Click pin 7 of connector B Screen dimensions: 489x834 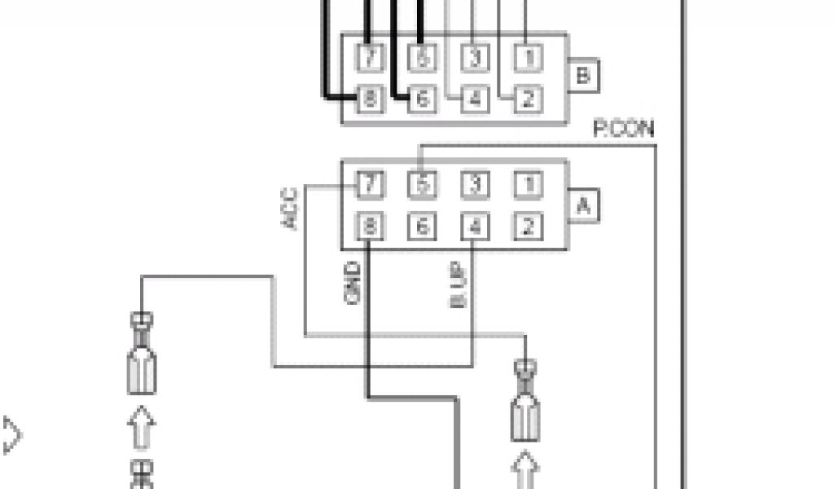(371, 58)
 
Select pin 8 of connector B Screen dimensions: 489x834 (371, 99)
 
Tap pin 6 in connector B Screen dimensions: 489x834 (422, 99)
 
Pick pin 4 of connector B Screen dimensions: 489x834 (475, 99)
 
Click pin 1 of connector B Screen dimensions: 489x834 (528, 58)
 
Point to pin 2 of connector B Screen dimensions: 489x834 (528, 99)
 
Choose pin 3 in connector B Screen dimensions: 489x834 (475, 58)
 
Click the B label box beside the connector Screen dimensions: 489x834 (583, 76)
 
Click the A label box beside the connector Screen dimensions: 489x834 (583, 206)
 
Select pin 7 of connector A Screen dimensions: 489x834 (371, 185)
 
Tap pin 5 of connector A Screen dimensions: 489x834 (422, 185)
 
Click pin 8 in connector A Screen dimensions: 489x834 (371, 227)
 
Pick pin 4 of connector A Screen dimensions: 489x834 (475, 227)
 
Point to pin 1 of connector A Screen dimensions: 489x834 (528, 185)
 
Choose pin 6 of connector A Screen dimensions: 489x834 (422, 227)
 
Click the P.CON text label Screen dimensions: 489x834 (623, 129)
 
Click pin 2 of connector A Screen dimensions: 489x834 (528, 227)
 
